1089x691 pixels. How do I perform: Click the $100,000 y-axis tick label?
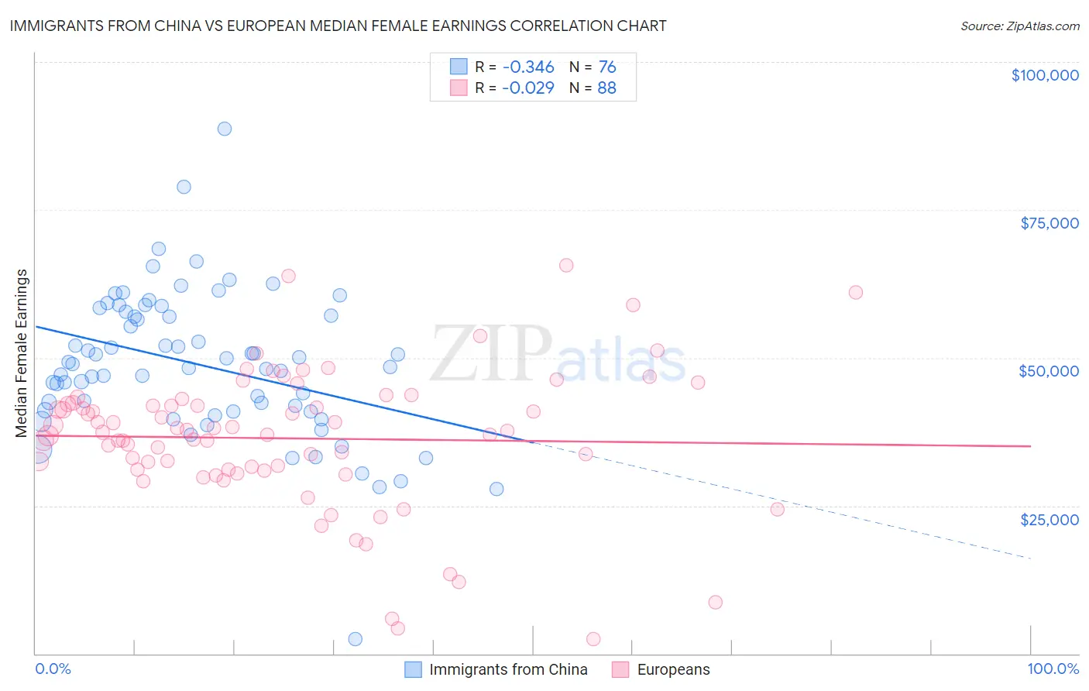coord(1045,75)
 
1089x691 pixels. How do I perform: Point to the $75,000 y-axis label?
coord(1049,223)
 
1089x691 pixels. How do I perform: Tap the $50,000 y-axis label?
coord(1049,371)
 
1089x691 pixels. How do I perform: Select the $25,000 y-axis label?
coord(1049,519)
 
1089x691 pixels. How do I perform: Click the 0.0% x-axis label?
coord(53,669)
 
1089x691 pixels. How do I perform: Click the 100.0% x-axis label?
coord(1053,669)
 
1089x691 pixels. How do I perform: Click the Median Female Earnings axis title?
coord(22,353)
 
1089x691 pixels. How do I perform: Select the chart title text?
coord(338,26)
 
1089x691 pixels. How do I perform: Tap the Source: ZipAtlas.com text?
coord(1019,26)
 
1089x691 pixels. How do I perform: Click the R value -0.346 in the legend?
coord(528,67)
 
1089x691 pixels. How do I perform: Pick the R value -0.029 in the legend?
coord(528,88)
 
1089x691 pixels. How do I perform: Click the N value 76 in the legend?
coord(607,67)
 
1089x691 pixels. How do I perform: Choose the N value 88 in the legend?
coord(607,88)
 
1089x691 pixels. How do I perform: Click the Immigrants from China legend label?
coord(508,669)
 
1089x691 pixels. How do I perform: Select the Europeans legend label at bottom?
coord(673,669)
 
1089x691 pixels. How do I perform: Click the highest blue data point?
coord(225,129)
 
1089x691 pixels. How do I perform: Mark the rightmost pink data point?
coord(855,292)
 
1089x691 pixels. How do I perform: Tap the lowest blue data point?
coord(356,639)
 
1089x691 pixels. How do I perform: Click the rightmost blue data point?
coord(496,489)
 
